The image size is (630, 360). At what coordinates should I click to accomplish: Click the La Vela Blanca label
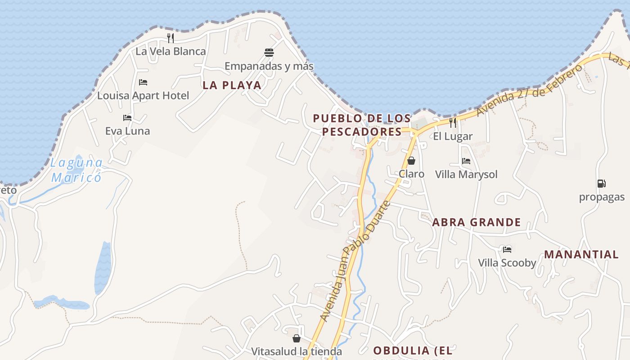tap(171, 51)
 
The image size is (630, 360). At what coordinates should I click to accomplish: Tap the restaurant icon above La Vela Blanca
tap(171, 38)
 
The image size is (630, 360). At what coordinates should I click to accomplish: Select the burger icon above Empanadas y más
tap(269, 53)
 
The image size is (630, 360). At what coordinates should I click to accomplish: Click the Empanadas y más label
tap(269, 66)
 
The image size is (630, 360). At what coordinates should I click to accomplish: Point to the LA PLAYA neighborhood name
tap(232, 85)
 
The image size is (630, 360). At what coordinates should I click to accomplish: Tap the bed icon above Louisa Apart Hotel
tap(143, 82)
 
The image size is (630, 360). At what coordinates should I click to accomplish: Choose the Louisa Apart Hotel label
tap(143, 95)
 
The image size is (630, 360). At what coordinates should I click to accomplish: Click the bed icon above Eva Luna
tap(127, 118)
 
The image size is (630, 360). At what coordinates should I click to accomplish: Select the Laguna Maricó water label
tap(76, 170)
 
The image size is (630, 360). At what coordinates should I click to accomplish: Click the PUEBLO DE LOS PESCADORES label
tap(362, 125)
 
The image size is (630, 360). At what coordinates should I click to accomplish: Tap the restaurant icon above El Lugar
tap(453, 122)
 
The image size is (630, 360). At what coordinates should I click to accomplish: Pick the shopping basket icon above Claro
tap(411, 161)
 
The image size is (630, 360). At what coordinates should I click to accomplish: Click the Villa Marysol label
tap(466, 174)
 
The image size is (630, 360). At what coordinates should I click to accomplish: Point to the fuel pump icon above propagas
tap(601, 184)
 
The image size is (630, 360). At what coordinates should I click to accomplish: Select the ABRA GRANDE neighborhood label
tap(477, 222)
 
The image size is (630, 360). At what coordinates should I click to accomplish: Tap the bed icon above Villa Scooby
tap(507, 249)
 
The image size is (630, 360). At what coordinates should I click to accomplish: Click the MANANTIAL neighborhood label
tap(581, 254)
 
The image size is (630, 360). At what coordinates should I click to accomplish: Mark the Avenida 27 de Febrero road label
tap(529, 90)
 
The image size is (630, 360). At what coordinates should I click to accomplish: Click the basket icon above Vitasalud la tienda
tap(297, 338)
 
